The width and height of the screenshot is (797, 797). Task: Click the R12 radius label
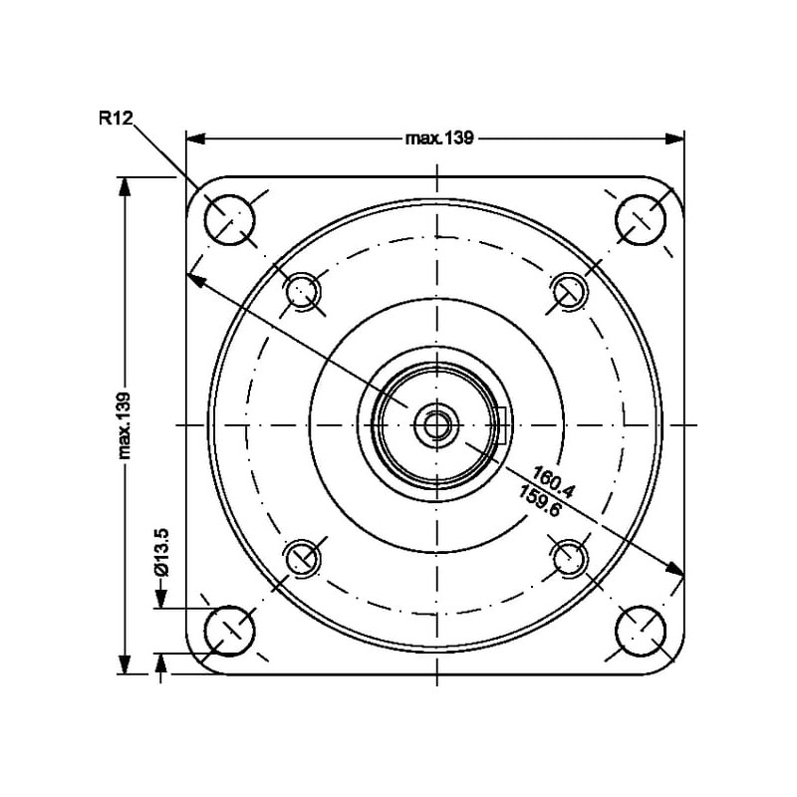[x=116, y=118]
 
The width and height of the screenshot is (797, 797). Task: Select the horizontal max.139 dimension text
[x=439, y=138]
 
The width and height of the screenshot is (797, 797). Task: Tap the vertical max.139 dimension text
[x=124, y=425]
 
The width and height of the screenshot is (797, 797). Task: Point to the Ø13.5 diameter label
[x=160, y=553]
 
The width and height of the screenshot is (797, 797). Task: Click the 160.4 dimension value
[x=554, y=481]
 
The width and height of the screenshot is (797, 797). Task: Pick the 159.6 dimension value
[x=540, y=500]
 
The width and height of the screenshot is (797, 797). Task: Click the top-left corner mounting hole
[x=229, y=219]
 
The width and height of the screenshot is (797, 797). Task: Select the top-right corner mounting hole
[x=641, y=219]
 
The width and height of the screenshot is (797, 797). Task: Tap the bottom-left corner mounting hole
[x=229, y=631]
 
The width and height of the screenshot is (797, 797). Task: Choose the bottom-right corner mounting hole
[x=641, y=631]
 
